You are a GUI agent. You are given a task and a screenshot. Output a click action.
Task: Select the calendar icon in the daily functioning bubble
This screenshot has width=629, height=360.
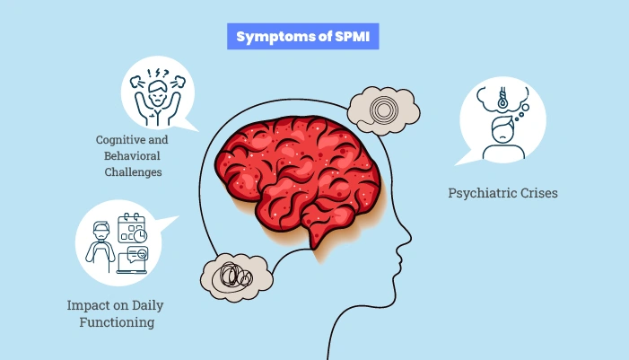132,228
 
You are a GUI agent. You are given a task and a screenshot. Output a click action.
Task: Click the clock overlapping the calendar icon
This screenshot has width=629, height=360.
142,235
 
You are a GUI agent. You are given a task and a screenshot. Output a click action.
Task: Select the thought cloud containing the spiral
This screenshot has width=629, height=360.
383,110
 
